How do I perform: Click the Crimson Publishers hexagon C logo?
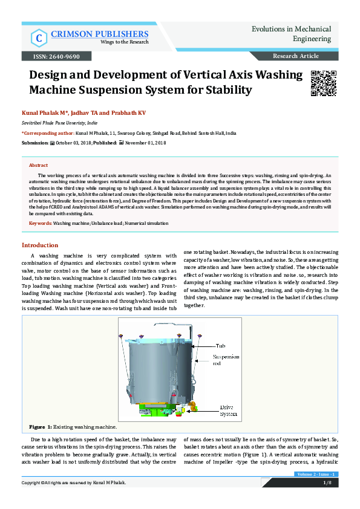[39, 37]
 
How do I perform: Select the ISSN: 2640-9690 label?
[51, 56]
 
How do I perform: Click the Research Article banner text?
[296, 56]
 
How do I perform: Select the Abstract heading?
[39, 165]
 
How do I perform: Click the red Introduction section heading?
[40, 245]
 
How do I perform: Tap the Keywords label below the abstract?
[41, 224]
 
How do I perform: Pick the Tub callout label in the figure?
[221, 346]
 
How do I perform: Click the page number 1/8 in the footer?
[327, 482]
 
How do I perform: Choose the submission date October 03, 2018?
[75, 143]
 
